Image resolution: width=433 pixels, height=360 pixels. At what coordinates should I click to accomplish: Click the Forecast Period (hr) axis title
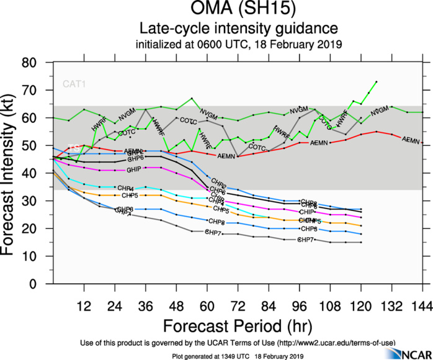coord(238,325)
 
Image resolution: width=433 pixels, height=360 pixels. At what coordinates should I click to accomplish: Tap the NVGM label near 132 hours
coord(379,112)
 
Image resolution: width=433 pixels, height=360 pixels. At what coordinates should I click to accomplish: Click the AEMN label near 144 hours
coord(411,140)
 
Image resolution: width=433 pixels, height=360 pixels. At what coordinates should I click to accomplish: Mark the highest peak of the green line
coord(377,81)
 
